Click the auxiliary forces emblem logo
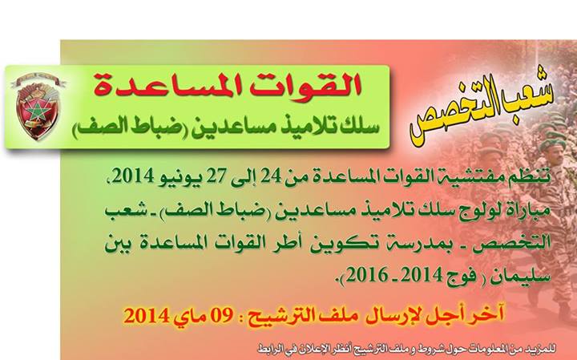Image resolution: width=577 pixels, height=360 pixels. click(x=37, y=107)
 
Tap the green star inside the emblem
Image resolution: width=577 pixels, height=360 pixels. click(x=37, y=111)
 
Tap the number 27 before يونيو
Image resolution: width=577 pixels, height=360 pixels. click(x=218, y=177)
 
